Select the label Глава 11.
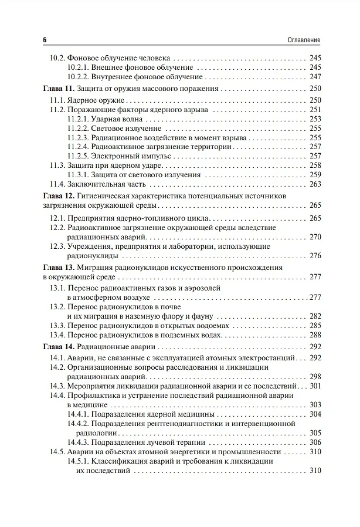pos(59,89)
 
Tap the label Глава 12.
pos(59,195)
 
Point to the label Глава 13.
pos(59,267)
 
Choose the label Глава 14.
pos(59,346)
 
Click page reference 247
pos(315,77)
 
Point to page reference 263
pos(315,184)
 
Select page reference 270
pos(315,237)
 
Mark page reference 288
pos(315,335)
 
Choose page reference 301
pos(315,386)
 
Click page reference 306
pos(315,442)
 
